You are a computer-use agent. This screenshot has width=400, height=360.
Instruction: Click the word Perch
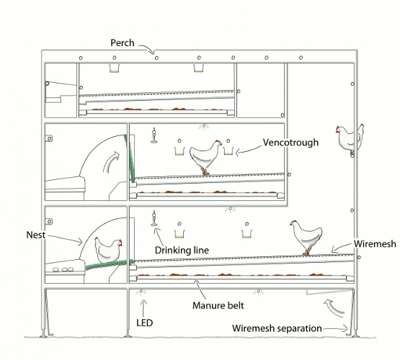tap(123, 42)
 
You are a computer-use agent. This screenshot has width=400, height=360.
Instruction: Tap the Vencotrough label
tap(290, 143)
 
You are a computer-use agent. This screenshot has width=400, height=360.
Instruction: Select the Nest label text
tap(36, 235)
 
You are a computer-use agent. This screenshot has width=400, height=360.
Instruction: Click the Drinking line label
tap(182, 250)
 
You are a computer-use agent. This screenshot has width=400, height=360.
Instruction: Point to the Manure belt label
tap(218, 305)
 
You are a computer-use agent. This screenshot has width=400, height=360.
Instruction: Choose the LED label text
tap(144, 323)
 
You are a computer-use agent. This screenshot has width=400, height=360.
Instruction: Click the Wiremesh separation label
tap(277, 328)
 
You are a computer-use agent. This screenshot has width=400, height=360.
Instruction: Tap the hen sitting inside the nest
tap(108, 250)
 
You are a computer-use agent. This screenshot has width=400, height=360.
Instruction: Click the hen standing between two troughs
tap(205, 157)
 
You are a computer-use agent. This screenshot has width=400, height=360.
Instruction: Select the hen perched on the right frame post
tap(350, 140)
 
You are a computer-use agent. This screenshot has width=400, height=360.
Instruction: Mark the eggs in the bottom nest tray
tap(63, 269)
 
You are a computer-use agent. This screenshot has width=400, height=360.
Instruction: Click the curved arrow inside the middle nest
tap(111, 162)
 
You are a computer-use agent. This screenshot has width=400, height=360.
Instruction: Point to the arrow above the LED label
tap(143, 308)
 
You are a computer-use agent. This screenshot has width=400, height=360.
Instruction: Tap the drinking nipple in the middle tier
tap(154, 135)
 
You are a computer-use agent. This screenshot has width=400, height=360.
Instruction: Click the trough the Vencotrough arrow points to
tap(228, 150)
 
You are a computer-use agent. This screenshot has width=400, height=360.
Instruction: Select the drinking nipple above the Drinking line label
tap(154, 218)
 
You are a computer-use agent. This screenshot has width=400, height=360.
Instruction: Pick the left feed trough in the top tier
tap(115, 68)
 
